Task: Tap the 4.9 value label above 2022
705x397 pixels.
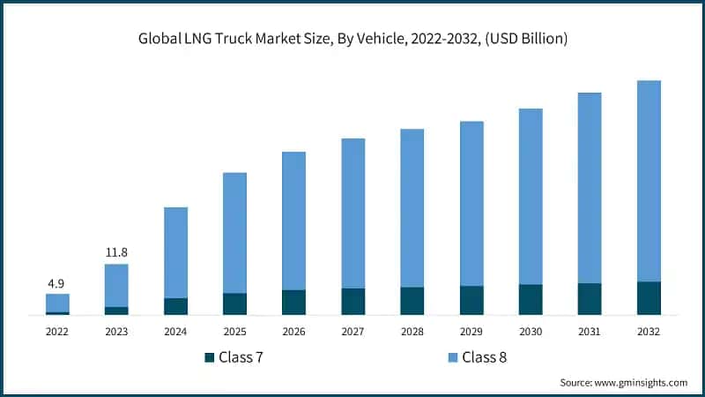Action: pyautogui.click(x=57, y=283)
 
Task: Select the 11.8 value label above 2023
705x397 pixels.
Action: pyautogui.click(x=116, y=253)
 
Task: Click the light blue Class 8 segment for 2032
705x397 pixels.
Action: pyautogui.click(x=649, y=181)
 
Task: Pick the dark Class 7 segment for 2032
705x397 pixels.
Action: pyautogui.click(x=649, y=298)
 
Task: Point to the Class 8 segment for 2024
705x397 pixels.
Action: pyautogui.click(x=175, y=252)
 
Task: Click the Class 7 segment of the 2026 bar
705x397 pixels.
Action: pyautogui.click(x=293, y=302)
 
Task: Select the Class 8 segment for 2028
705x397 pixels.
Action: pyautogui.click(x=412, y=207)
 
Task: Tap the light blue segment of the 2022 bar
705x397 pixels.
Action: pyautogui.click(x=57, y=303)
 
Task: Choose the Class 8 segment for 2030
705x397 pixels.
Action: pyautogui.click(x=531, y=196)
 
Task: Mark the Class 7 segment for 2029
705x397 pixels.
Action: pyautogui.click(x=471, y=300)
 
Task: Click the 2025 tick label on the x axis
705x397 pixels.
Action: pyautogui.click(x=234, y=332)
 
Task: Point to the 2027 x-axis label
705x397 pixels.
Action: pyautogui.click(x=352, y=332)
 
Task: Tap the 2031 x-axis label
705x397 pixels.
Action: pyautogui.click(x=590, y=332)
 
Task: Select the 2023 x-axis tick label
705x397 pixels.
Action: pyautogui.click(x=116, y=332)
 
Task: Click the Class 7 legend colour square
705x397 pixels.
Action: pyautogui.click(x=209, y=357)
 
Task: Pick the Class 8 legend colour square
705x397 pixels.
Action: pyautogui.click(x=453, y=357)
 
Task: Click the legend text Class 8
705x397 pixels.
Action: pyautogui.click(x=486, y=357)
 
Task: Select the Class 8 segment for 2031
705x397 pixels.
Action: pyautogui.click(x=590, y=187)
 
